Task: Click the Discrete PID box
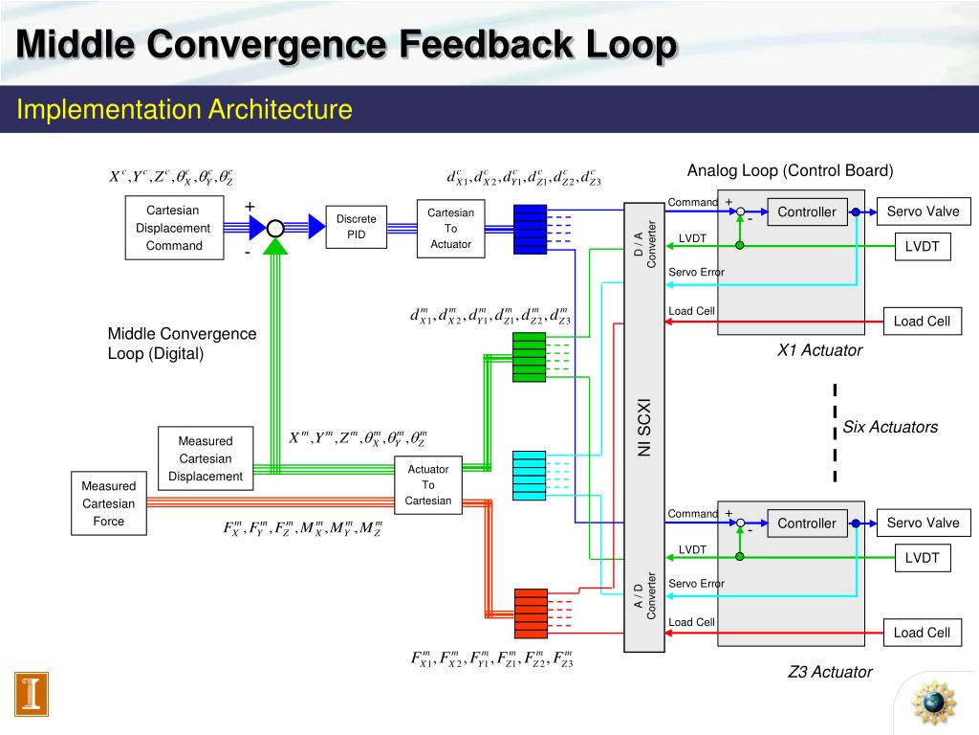click(357, 227)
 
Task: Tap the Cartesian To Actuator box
click(450, 229)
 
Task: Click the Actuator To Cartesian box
click(428, 484)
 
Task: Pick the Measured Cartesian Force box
click(109, 503)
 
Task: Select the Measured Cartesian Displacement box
click(206, 458)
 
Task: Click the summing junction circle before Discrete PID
click(275, 228)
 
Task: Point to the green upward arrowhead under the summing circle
click(275, 246)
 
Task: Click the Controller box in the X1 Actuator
click(807, 212)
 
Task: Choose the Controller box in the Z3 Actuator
click(807, 523)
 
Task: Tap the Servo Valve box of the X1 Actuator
click(923, 212)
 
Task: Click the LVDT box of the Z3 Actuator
click(923, 558)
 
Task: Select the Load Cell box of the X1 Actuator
click(922, 322)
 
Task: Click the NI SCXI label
click(644, 427)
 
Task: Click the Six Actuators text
click(890, 428)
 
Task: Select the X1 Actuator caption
click(819, 350)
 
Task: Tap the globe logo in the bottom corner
click(933, 703)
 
